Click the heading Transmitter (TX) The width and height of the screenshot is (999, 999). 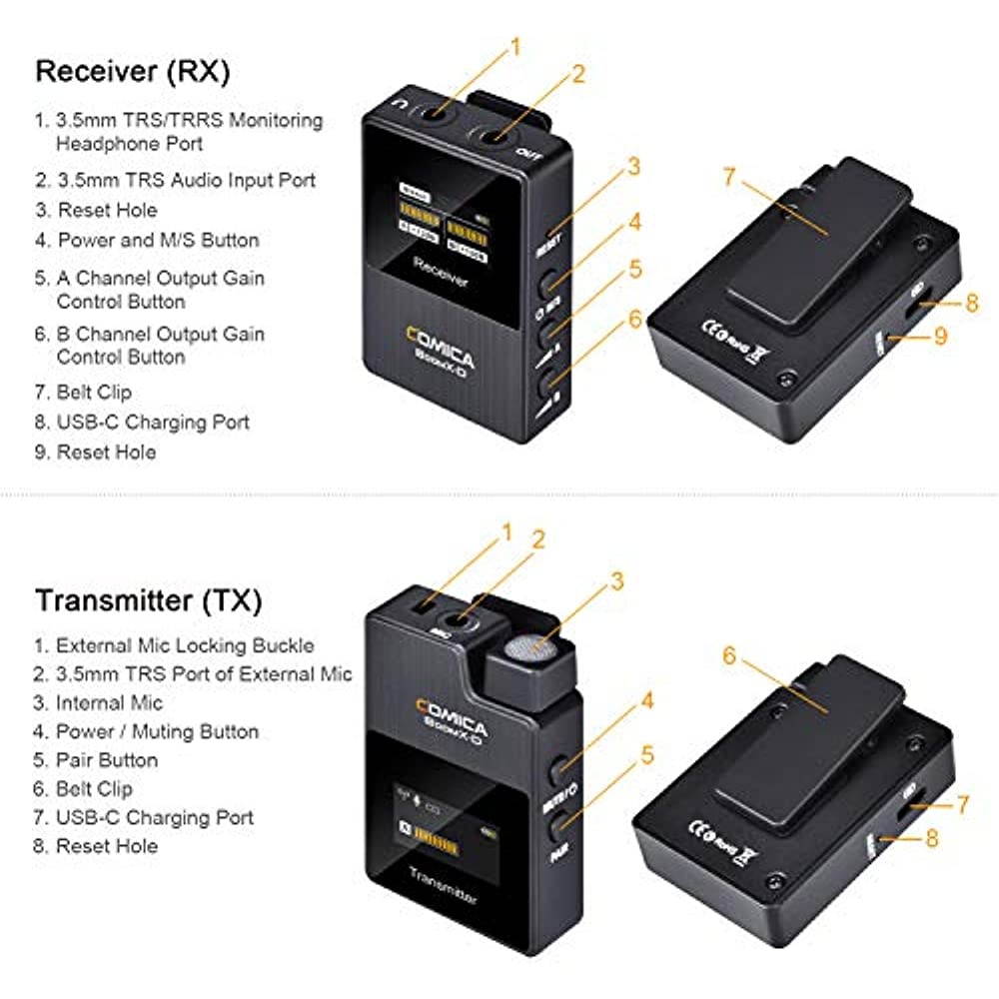tap(149, 601)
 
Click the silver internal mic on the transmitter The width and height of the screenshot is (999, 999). tap(525, 649)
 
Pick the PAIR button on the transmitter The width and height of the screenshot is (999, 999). tap(564, 822)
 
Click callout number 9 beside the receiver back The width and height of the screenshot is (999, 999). tap(939, 337)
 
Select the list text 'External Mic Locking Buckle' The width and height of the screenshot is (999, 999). tap(185, 645)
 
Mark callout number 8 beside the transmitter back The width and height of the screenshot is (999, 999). tap(932, 837)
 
